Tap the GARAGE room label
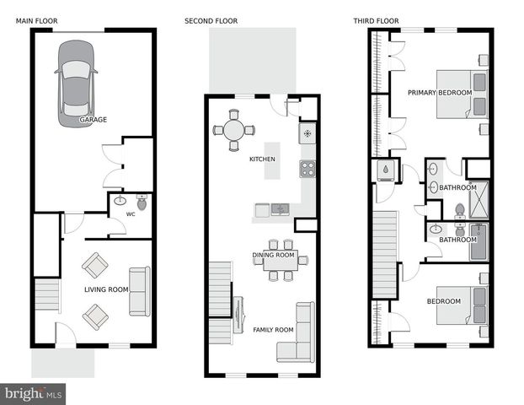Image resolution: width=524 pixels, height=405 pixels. [x=93, y=120]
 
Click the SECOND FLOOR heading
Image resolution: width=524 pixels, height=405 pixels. [x=211, y=21]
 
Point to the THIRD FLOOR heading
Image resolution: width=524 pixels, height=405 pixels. [x=377, y=21]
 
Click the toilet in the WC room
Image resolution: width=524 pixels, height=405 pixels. [x=142, y=203]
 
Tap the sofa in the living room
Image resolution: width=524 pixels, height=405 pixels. [x=138, y=290]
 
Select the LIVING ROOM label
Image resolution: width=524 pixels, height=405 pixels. [x=106, y=290]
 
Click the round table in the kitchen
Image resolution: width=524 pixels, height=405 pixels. [x=233, y=130]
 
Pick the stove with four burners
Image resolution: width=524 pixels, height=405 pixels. [x=307, y=169]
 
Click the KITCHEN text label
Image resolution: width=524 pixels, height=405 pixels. [x=262, y=159]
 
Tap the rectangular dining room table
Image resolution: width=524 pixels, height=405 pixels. [x=281, y=263]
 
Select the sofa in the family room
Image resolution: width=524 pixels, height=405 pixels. [x=303, y=331]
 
